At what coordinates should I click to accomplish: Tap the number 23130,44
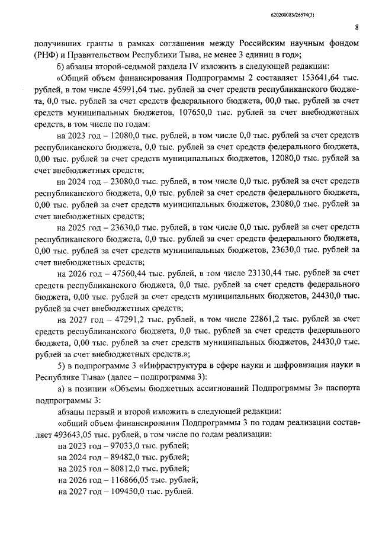pyautogui.click(x=255, y=274)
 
